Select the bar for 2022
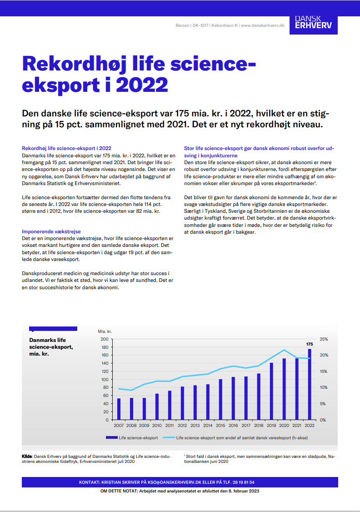(x=310, y=384)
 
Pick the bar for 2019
(x=271, y=391)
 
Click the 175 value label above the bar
(x=310, y=344)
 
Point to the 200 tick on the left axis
(x=105, y=339)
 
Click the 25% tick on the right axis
(x=324, y=339)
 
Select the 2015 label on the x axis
(x=220, y=426)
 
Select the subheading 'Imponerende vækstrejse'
(x=51, y=231)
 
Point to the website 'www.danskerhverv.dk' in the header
(x=262, y=25)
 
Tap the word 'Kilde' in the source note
(x=27, y=456)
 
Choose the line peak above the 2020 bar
(x=284, y=350)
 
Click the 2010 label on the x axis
(x=157, y=426)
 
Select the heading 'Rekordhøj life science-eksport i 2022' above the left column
(x=66, y=148)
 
